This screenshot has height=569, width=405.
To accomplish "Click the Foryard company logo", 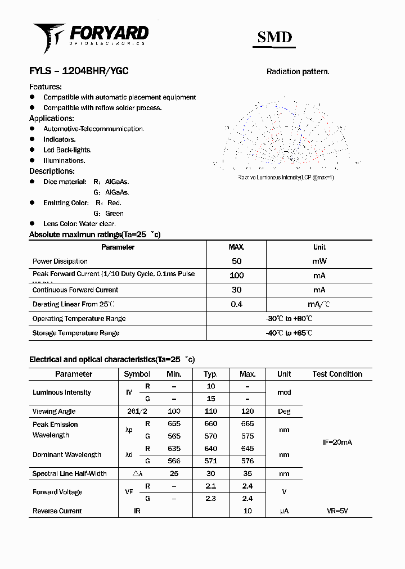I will [91, 35].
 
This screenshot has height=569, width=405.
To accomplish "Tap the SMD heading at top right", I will [274, 37].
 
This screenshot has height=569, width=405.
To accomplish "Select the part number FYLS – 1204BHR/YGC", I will [79, 71].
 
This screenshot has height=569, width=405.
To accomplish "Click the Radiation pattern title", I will [298, 71].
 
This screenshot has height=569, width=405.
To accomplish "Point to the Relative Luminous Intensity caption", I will [286, 177].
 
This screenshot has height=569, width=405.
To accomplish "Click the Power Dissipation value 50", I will [237, 261].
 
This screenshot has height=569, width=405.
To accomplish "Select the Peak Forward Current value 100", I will [237, 276].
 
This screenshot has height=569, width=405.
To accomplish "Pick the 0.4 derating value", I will [237, 304].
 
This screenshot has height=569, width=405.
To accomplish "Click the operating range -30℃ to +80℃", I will [289, 319].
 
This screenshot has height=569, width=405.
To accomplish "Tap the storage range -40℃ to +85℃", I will [289, 333].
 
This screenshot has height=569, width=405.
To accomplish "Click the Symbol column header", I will [137, 374].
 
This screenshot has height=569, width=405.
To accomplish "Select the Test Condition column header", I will [337, 374].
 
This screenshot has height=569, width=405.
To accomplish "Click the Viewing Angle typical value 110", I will [211, 411].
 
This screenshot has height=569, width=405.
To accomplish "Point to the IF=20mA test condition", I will [337, 442].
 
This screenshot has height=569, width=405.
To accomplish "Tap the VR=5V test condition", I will [337, 511].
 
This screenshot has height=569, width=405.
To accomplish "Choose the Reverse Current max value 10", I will [247, 511].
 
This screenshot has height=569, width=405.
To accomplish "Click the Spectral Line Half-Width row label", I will [69, 474].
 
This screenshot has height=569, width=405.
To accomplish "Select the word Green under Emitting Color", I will [114, 213].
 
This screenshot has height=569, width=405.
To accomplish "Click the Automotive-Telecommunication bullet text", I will [94, 129].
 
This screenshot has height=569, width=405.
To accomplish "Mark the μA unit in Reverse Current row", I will [284, 511].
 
